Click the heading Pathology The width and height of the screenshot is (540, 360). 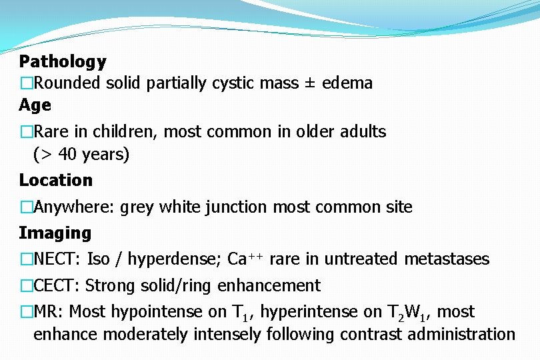point(63,62)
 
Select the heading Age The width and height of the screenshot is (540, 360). point(35,105)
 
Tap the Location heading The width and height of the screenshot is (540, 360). point(56,180)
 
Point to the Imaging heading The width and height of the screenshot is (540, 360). point(55,233)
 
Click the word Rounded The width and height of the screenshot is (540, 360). point(67,83)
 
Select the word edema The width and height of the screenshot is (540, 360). point(347,83)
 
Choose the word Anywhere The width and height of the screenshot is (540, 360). point(74,207)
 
